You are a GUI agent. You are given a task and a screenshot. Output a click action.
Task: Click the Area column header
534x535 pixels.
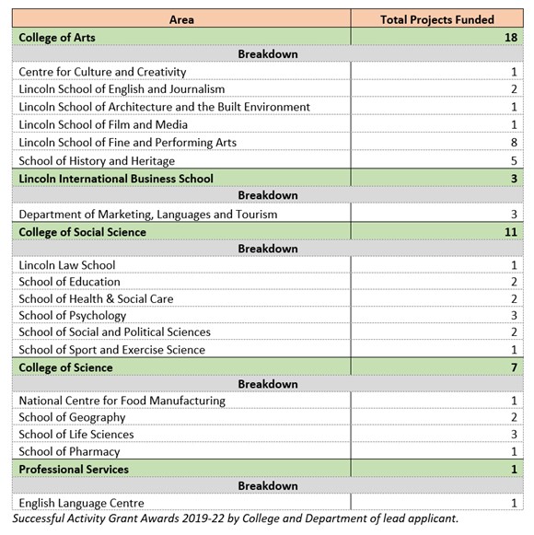coord(181,19)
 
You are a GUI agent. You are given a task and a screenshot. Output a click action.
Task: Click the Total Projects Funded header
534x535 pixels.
coord(437,19)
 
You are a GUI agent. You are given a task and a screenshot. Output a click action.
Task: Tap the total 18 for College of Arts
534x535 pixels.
coord(510,37)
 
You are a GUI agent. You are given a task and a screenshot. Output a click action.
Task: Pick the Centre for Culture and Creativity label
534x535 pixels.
coord(102,72)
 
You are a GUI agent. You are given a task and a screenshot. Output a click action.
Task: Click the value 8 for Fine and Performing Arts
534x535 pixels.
coord(514,143)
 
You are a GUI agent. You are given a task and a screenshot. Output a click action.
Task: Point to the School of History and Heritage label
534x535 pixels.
coord(97,161)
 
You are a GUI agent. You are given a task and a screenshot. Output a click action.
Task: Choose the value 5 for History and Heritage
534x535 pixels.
coord(514,161)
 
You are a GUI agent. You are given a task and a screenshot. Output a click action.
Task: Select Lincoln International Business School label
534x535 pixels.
coord(116,179)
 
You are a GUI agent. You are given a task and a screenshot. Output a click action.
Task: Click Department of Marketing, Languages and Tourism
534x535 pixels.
coord(147,215)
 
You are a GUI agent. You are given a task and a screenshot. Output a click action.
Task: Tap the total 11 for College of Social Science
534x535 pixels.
coord(510,232)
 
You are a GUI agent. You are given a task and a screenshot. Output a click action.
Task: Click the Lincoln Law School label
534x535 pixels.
coord(67,265)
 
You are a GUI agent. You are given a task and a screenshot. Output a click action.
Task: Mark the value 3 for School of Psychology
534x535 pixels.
coord(514,316)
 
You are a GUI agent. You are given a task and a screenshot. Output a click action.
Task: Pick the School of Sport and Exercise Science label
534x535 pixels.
coord(111,350)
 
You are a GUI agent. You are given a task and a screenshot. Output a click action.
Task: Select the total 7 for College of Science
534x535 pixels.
coord(514,367)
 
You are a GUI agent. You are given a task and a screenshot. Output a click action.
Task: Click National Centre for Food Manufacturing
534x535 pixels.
coord(122,401)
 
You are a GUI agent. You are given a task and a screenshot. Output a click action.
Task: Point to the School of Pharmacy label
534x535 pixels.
coord(69,451)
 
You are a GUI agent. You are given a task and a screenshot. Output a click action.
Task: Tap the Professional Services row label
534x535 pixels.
coord(74,469)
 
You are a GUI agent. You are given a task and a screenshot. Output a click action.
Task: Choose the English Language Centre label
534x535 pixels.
coord(81,503)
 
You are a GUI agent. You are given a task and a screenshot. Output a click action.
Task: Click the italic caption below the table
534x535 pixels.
coord(235,519)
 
